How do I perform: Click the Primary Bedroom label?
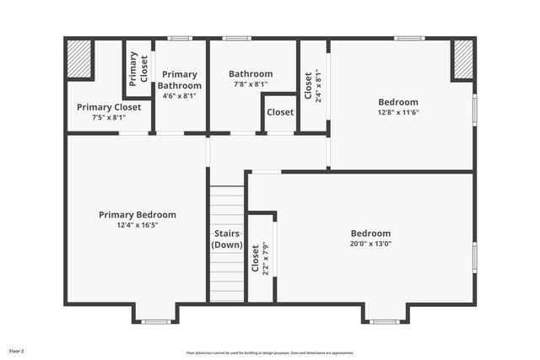coord(137,215)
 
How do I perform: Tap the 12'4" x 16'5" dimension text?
coord(137,225)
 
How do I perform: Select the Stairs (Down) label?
coord(227,239)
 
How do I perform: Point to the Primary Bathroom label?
coord(179,80)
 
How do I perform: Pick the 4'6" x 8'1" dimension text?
coord(179,95)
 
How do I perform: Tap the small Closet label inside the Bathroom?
coord(280,112)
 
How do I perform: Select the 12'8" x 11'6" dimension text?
coord(398,112)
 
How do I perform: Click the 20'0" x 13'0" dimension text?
coord(371,244)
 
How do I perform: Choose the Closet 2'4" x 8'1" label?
coord(313,85)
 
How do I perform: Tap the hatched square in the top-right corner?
coord(463,59)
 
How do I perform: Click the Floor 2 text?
coord(17,350)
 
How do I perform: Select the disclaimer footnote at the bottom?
coord(270,353)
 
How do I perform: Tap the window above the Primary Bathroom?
coord(179,38)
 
